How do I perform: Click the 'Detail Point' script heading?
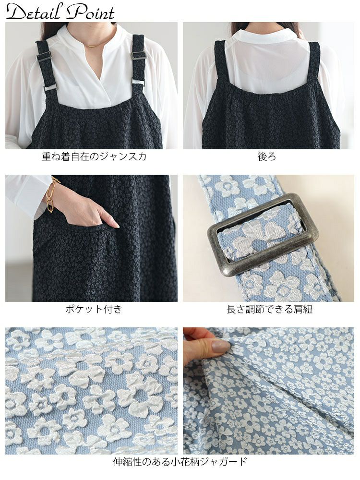coord(60,12)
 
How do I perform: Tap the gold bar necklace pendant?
coord(94,46)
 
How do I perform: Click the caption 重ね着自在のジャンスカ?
coord(94,156)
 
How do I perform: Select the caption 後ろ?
coord(266,156)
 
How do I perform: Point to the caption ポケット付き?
coord(94,309)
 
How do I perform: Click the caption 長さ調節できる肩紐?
coord(269,309)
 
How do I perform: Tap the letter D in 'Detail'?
coord(17,12)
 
